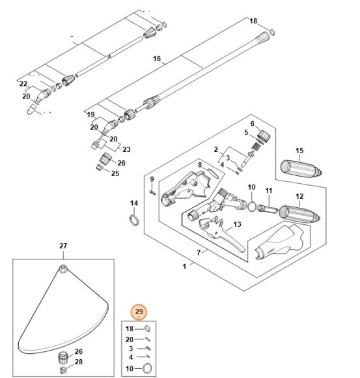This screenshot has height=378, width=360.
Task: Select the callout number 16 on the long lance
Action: [156, 59]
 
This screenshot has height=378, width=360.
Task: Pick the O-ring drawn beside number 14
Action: [134, 219]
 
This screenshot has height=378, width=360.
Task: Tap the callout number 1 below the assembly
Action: [185, 267]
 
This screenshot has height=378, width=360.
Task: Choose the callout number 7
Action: [199, 252]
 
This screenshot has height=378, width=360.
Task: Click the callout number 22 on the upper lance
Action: [23, 84]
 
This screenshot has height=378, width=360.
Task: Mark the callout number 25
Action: [115, 173]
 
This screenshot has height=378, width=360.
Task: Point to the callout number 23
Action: [127, 149]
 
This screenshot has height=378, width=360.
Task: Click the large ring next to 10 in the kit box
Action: [148, 369]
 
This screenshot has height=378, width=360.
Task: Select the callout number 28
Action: [78, 362]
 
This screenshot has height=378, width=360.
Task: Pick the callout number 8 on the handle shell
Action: [200, 166]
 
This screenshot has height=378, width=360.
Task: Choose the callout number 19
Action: [91, 114]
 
